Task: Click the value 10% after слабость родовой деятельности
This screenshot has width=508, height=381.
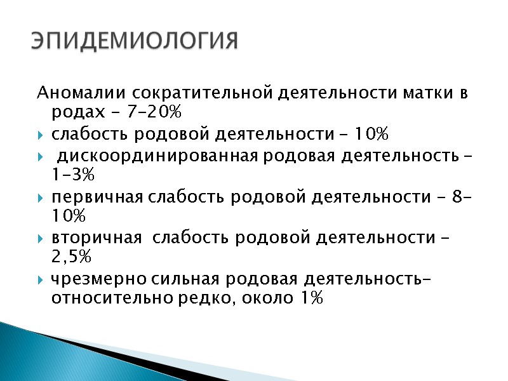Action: click(x=371, y=135)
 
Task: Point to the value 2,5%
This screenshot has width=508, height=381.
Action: click(x=70, y=257)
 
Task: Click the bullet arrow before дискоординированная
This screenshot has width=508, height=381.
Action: click(x=41, y=156)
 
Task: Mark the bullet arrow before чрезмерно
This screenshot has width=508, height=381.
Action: click(x=41, y=279)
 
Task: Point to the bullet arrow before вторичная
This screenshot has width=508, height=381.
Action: click(x=41, y=238)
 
